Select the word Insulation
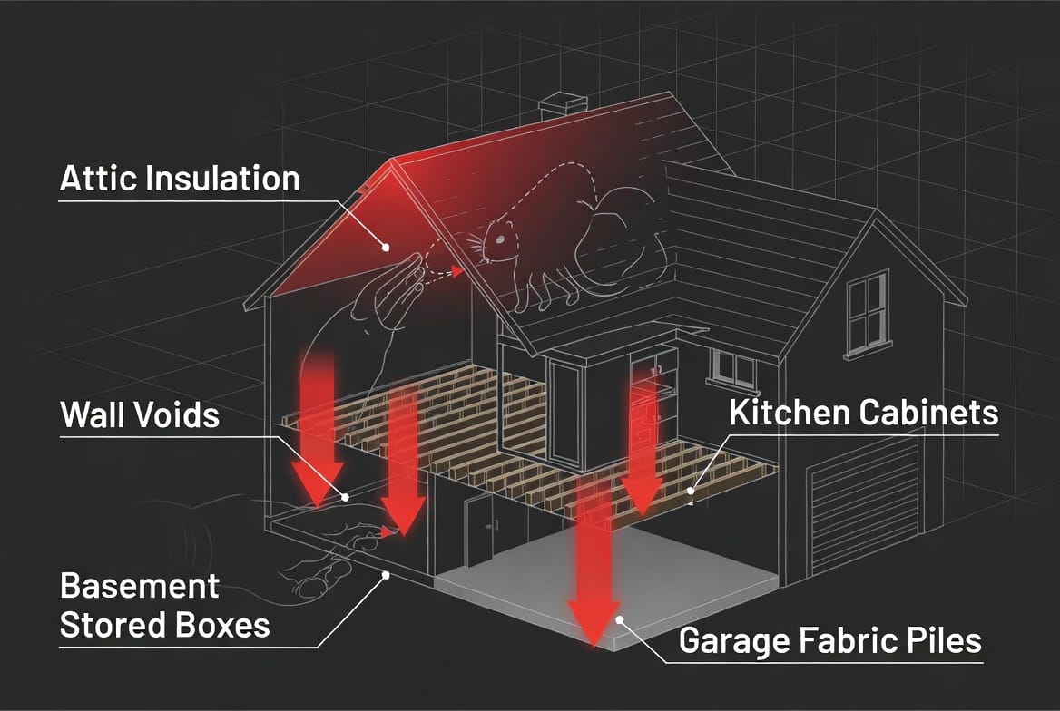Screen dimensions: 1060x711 pos(222,179)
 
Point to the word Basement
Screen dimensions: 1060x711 pos(139,586)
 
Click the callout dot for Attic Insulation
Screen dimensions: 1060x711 pos(386,248)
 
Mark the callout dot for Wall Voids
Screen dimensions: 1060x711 pos(345,498)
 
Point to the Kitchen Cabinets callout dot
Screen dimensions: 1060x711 pos(691,491)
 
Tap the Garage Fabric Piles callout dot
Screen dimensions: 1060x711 pos(619,619)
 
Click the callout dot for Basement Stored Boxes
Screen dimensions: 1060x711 pos(386,575)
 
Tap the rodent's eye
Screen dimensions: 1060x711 pos(500,239)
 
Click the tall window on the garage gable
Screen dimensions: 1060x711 pos(868,313)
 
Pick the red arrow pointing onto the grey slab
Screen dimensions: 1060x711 pos(594,564)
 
